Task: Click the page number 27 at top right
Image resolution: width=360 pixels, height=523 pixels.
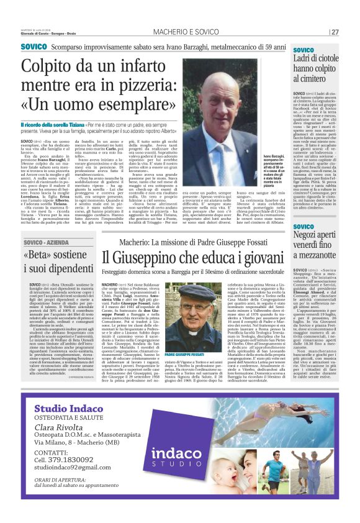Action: click(335, 32)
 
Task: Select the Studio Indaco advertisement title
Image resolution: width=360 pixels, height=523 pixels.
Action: click(69, 408)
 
